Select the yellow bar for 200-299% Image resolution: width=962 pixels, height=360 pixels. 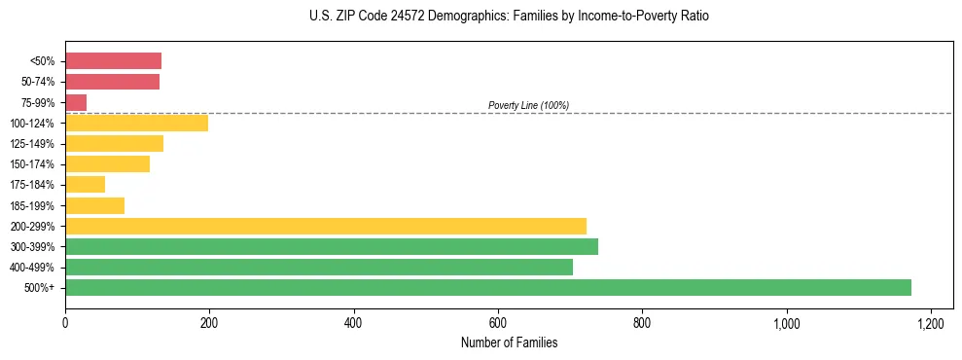tap(326, 226)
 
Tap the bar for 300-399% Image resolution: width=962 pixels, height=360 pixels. tap(332, 246)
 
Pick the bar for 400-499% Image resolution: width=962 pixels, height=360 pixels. tap(319, 267)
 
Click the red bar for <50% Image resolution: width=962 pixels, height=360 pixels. tap(113, 61)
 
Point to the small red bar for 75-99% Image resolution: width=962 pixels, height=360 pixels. tap(76, 102)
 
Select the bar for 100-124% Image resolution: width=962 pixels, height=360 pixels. tap(136, 123)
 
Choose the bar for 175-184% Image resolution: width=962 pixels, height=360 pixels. tap(85, 185)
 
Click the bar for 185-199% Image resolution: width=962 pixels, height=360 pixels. tap(94, 205)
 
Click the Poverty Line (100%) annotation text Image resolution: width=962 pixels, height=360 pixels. tap(528, 105)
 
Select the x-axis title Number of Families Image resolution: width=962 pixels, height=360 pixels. tap(510, 342)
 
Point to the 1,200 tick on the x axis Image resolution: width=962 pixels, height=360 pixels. tap(931, 322)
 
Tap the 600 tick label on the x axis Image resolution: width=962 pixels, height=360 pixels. tap(498, 322)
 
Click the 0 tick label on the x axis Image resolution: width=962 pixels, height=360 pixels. tap(65, 322)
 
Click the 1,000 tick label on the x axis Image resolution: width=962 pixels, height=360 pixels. tap(786, 322)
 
